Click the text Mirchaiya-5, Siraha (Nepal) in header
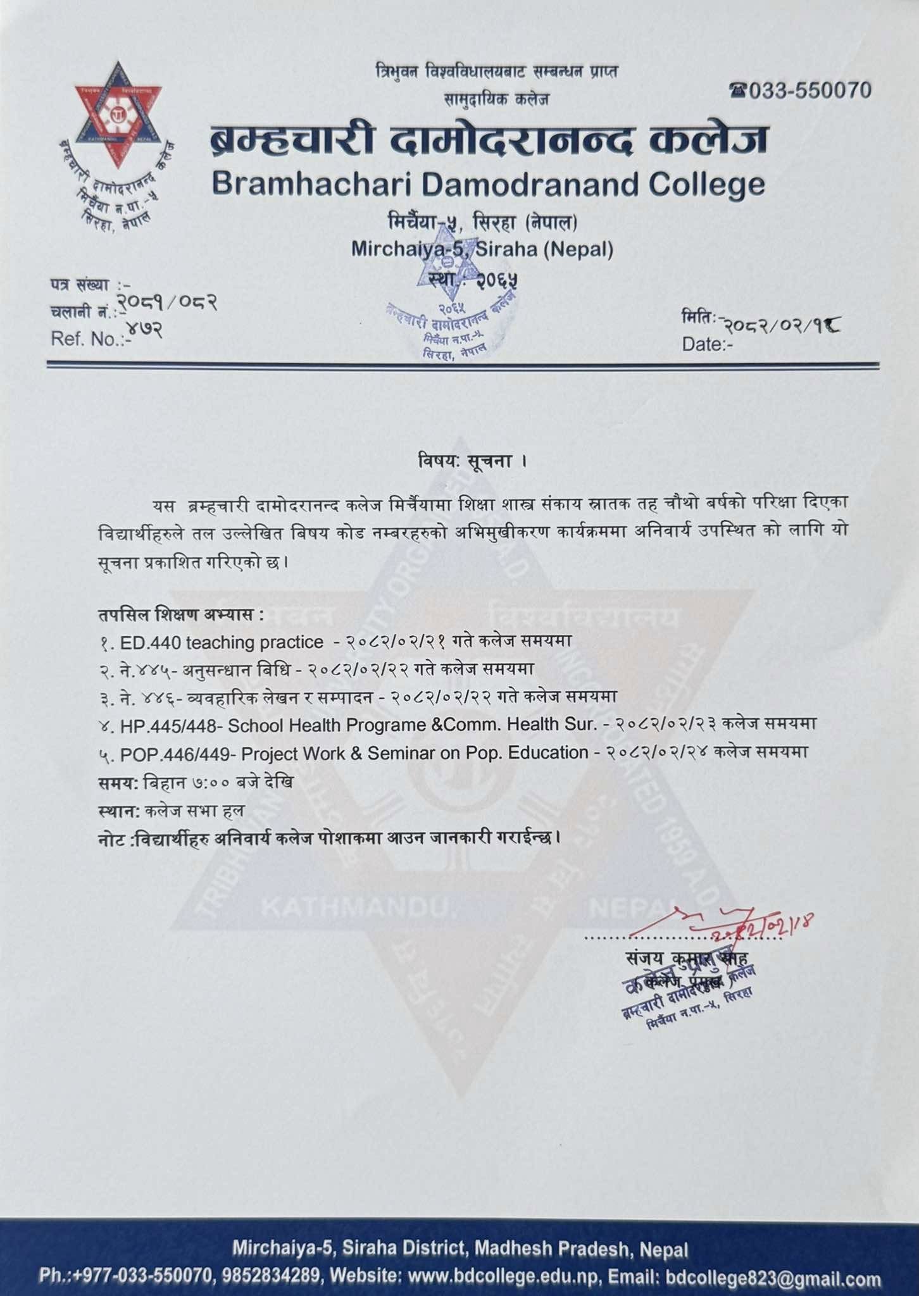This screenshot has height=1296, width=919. (x=482, y=249)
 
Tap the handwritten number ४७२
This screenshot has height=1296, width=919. (x=144, y=329)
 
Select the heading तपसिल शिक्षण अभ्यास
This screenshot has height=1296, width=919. (x=180, y=614)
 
